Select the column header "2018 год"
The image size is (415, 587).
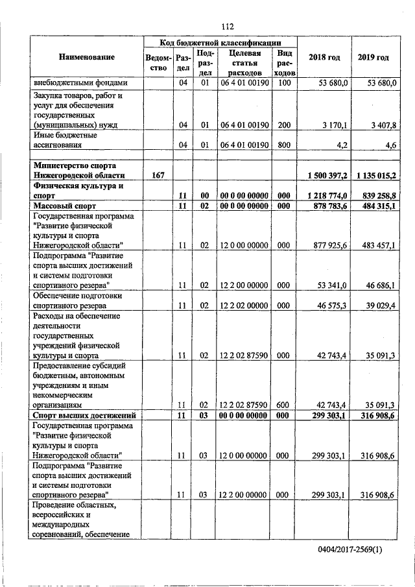325,58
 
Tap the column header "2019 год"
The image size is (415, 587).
373,58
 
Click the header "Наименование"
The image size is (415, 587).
87,58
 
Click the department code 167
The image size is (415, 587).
158,176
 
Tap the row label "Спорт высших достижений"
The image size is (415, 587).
83,415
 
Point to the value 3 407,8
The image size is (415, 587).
383,125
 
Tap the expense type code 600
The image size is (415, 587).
283,405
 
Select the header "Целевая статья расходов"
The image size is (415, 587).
240,63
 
